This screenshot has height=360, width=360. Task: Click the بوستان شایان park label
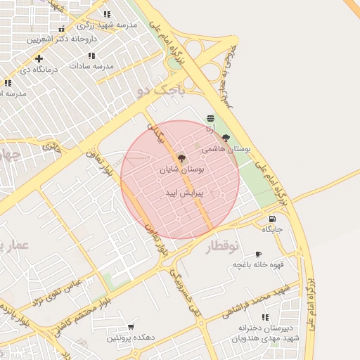click(182, 169)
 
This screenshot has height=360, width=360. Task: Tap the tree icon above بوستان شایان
click(182, 158)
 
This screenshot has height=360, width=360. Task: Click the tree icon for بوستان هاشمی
click(226, 139)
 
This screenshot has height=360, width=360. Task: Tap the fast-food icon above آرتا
click(211, 118)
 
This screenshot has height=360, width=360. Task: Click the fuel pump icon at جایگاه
click(271, 219)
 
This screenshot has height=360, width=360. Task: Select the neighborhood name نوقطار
click(223, 247)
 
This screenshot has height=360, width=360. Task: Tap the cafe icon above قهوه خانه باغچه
click(258, 254)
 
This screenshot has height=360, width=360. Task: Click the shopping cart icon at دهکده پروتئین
click(131, 327)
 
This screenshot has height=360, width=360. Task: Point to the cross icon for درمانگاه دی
click(39, 58)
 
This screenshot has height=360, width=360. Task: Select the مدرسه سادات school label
click(88, 65)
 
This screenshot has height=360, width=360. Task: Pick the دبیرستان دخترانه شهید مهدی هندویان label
click(268, 333)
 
